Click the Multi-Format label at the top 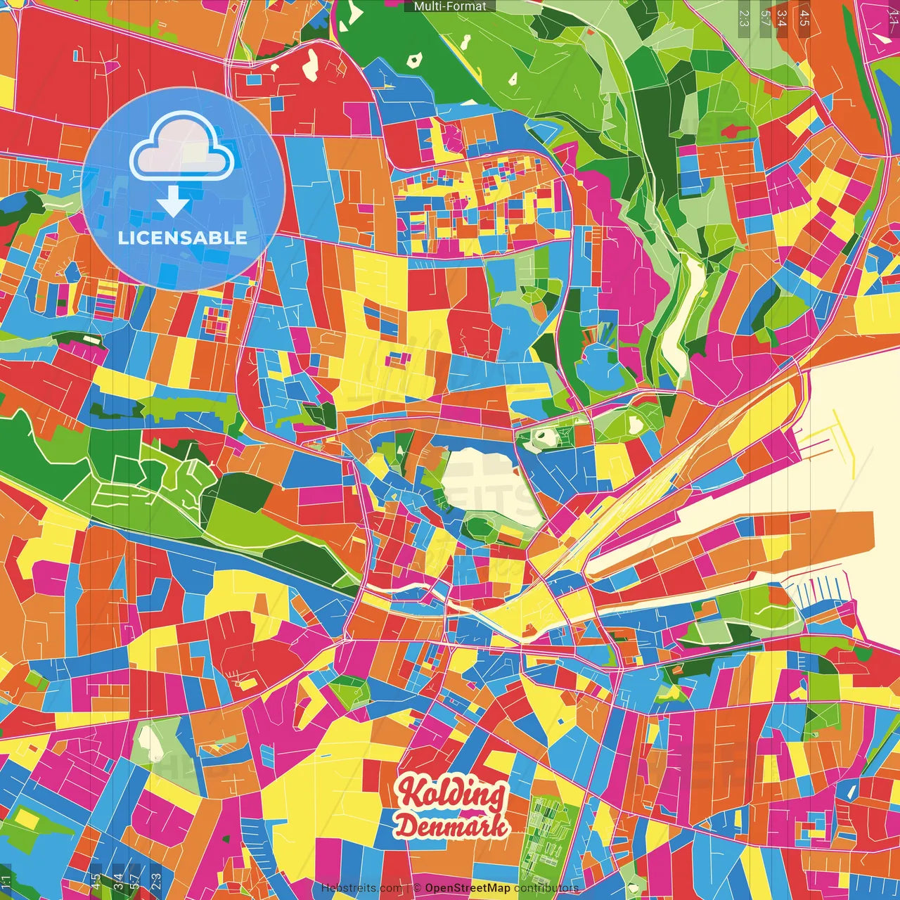pos(450,6)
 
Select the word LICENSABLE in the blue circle pos(183,238)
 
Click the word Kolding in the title pos(451,793)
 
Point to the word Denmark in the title pos(451,825)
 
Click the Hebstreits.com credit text pos(361,888)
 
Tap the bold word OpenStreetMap pos(468,888)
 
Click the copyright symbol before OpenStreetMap pos(417,888)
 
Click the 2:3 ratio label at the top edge pos(744,18)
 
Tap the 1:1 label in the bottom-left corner pos(6,881)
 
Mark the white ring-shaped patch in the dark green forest pos(415,60)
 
